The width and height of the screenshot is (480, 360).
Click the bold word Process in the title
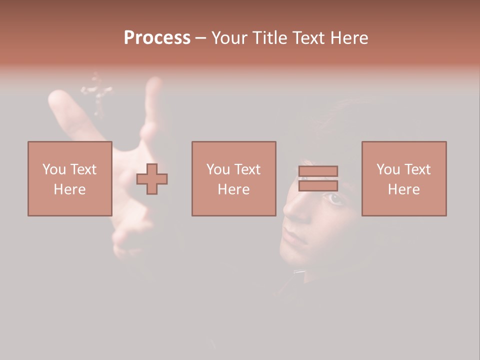[157, 38]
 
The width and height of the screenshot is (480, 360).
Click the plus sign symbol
[152, 179]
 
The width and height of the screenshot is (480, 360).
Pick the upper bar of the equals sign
[318, 171]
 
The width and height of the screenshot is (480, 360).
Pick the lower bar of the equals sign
[318, 186]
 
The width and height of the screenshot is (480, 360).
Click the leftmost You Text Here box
[69, 178]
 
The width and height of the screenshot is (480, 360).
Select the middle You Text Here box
[233, 178]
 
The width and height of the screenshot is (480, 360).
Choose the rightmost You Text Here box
[403, 178]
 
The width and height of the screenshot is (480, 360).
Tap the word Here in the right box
[403, 189]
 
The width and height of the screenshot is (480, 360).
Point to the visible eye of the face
[335, 199]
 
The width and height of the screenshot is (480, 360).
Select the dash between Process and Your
[201, 38]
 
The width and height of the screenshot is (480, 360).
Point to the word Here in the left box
[69, 189]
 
